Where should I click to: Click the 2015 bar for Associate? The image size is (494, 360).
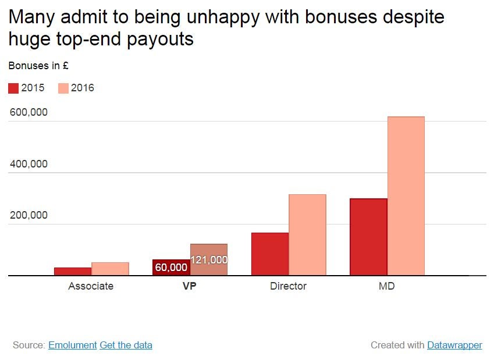(x=73, y=271)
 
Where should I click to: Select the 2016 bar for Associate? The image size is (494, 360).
(x=110, y=269)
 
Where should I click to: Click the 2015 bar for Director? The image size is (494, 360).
(x=269, y=254)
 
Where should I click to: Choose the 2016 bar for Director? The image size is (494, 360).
(x=307, y=235)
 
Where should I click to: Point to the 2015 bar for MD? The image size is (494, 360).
(x=368, y=237)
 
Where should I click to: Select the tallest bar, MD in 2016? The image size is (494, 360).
(x=406, y=196)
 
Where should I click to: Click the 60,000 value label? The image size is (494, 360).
(x=171, y=268)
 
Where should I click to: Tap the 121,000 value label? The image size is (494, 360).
(x=209, y=260)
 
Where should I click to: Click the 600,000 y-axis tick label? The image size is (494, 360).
(x=29, y=112)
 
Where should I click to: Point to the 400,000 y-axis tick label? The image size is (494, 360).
(x=29, y=164)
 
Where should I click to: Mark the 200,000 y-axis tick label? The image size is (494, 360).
(x=29, y=215)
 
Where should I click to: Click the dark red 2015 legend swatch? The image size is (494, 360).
(x=13, y=88)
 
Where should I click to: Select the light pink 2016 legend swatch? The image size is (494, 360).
(x=63, y=88)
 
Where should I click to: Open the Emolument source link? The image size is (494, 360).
(x=72, y=345)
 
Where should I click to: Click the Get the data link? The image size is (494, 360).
(x=126, y=345)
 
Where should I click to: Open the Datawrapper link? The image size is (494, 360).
(x=454, y=345)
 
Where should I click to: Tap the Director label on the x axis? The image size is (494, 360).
(x=288, y=286)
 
